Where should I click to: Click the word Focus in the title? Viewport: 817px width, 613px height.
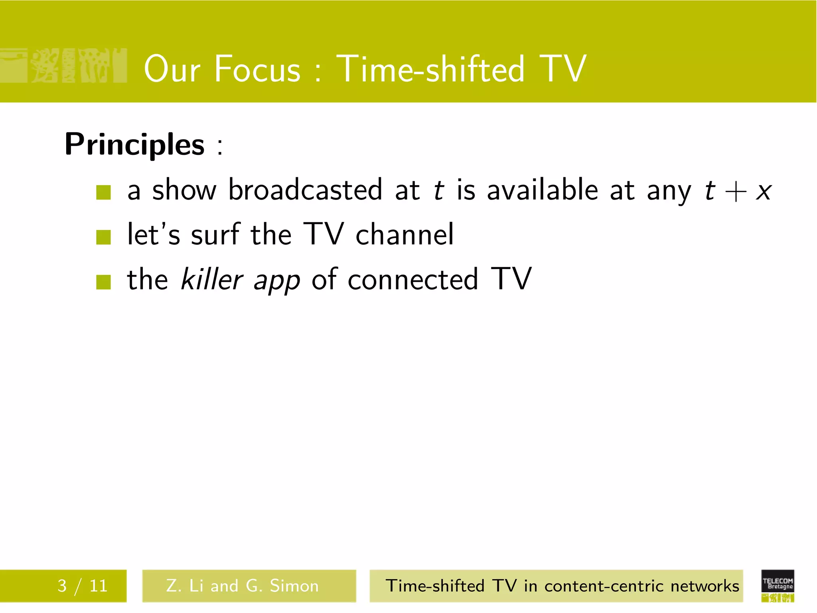pyautogui.click(x=257, y=69)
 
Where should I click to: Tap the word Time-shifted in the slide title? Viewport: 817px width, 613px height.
pyautogui.click(x=430, y=69)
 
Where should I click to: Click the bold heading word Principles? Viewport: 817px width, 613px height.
pyautogui.click(x=134, y=144)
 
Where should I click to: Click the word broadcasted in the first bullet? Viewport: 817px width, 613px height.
pyautogui.click(x=305, y=190)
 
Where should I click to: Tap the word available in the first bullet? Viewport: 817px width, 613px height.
pyautogui.click(x=542, y=190)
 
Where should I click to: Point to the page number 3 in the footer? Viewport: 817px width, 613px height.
pyautogui.click(x=62, y=586)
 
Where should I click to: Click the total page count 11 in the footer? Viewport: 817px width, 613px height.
pyautogui.click(x=98, y=586)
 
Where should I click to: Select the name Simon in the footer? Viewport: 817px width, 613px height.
pyautogui.click(x=294, y=586)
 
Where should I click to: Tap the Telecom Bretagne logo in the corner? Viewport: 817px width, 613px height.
pyautogui.click(x=778, y=585)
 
